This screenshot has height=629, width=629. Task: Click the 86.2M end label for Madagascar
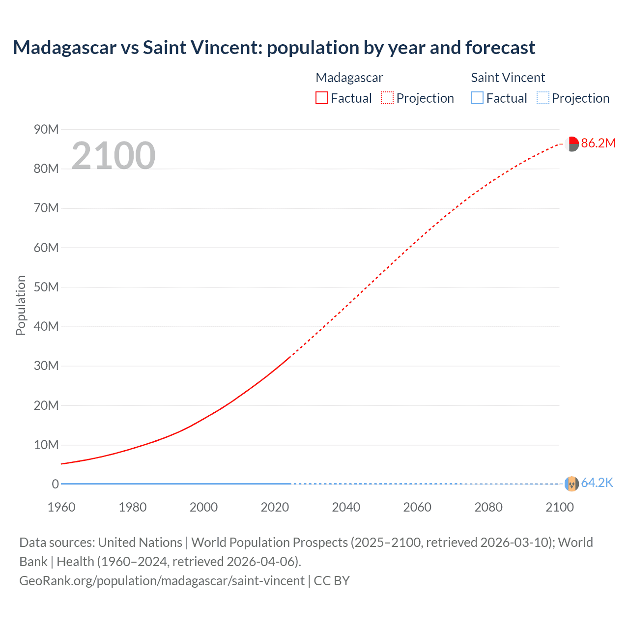coord(598,143)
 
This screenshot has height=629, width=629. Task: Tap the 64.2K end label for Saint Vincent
coord(597,483)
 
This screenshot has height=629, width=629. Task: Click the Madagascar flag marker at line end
coord(572,144)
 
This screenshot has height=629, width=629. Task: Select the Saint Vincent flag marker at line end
coord(572,484)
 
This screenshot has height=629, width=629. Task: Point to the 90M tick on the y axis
coord(46,129)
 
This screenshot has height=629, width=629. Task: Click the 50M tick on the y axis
coord(46,287)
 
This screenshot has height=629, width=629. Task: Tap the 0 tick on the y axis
coord(55,484)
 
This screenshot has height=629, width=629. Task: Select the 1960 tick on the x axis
coord(61,507)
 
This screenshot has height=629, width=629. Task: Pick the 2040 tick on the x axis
coord(346,507)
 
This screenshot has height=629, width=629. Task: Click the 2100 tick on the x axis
coord(559,507)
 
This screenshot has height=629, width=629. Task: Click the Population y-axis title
coord(21,305)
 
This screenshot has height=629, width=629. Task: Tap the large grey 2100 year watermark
coord(114,156)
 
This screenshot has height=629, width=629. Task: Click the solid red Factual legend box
coord(321,98)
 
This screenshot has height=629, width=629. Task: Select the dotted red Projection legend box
coord(387,98)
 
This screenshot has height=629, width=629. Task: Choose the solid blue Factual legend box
coord(477,98)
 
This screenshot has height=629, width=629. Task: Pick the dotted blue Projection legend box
coord(543,98)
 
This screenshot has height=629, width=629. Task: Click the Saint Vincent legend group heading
coord(508,78)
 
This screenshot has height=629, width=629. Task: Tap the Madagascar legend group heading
coord(349,78)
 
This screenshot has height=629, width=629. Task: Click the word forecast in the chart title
coord(500,48)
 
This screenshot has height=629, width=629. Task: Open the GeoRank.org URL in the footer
coord(162,581)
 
